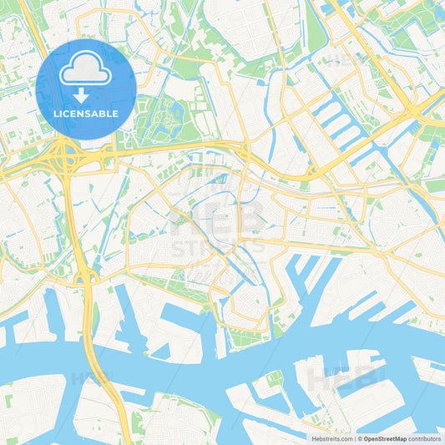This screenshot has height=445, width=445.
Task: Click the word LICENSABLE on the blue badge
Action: [85, 114]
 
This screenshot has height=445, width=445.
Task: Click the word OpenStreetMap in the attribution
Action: [385, 438]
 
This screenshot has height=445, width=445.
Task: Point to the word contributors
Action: [425, 438]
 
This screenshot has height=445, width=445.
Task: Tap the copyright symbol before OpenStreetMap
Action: [360, 438]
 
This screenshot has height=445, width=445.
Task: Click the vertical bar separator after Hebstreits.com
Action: [354, 438]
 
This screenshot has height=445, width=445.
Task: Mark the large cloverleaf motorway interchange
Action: [66, 156]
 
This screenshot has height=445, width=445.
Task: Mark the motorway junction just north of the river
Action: [86, 276]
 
